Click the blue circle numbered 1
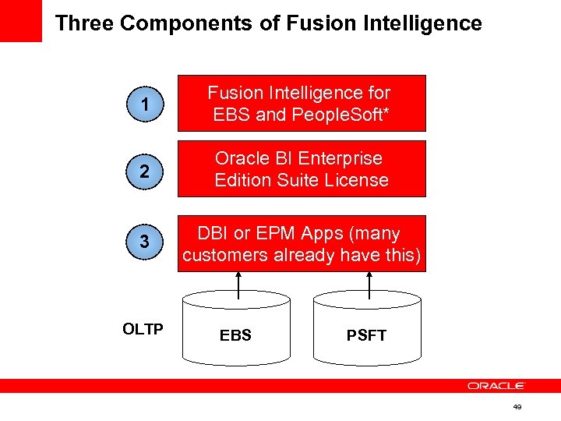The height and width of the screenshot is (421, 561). coord(144,103)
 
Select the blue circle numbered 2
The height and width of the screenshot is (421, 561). coord(144,168)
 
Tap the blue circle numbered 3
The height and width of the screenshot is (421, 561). coord(144,242)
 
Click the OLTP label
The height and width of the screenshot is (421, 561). coord(143,329)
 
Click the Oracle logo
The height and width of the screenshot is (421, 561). coord(496,385)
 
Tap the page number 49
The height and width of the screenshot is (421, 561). coord(517,407)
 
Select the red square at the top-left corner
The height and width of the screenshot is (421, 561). coord(20,20)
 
